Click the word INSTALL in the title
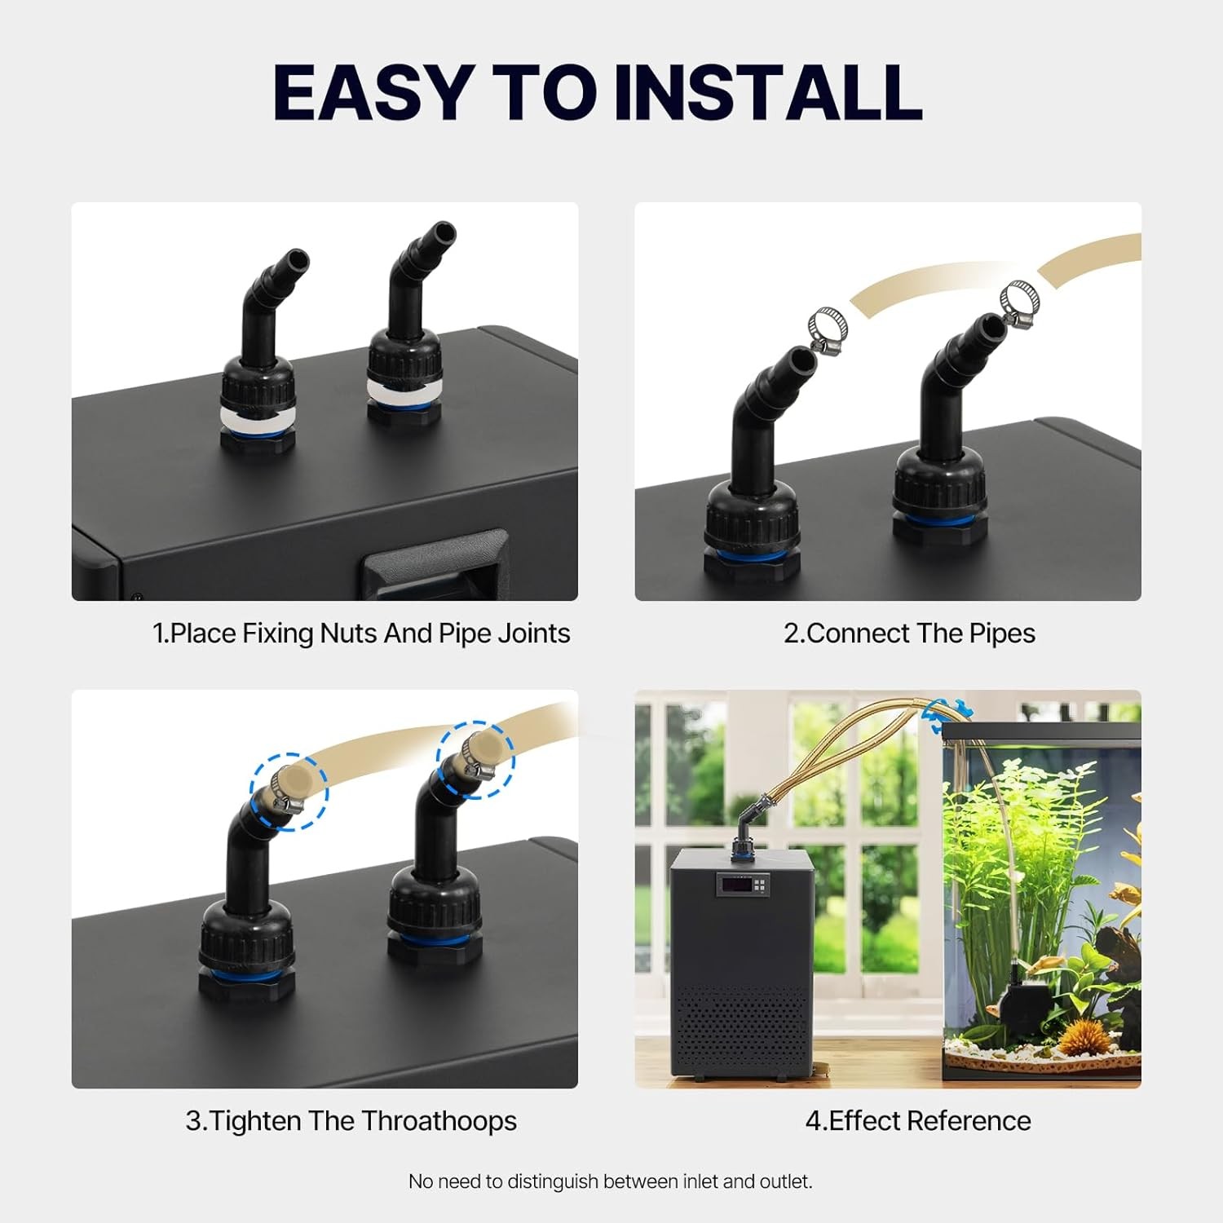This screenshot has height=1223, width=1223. [768, 92]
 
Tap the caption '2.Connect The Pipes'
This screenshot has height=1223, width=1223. [909, 634]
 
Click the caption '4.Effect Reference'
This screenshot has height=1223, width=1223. [918, 1121]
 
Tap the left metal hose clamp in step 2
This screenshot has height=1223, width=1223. [828, 330]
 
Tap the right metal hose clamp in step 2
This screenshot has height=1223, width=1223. [1019, 302]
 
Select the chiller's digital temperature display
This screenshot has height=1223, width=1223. [743, 884]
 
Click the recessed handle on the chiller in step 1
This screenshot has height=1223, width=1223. [434, 564]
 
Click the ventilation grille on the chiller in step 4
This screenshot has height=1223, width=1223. [742, 1027]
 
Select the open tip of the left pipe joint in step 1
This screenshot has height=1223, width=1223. [298, 260]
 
